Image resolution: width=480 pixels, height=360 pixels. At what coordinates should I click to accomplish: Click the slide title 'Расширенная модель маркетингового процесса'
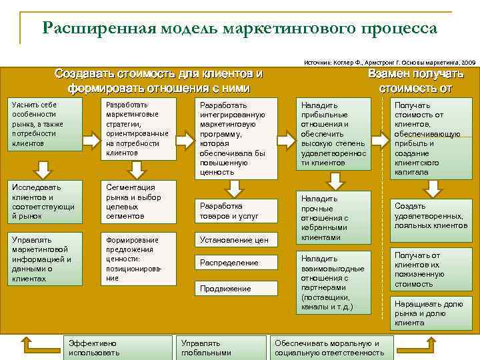(239, 28)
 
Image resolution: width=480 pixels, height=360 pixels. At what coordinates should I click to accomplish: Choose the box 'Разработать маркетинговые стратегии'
(137, 129)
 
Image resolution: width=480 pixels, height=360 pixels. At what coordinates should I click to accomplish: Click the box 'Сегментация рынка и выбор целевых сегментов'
(137, 201)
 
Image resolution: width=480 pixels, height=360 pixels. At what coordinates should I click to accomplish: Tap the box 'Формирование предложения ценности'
(137, 259)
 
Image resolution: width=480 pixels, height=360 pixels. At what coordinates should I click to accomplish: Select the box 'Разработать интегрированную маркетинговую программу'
(235, 138)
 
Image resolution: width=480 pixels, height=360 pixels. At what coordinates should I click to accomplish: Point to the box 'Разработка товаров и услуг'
(235, 211)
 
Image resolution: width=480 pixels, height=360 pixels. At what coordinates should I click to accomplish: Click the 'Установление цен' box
(235, 239)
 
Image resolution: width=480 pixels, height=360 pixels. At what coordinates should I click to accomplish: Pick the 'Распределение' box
(235, 263)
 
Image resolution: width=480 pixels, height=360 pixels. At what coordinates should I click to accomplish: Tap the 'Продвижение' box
(235, 288)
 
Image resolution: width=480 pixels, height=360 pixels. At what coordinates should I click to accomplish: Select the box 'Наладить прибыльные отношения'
(333, 133)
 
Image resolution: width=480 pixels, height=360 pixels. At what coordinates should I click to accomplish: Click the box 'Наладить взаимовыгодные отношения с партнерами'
(333, 283)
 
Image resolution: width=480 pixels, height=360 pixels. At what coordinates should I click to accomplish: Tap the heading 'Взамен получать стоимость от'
(415, 81)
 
